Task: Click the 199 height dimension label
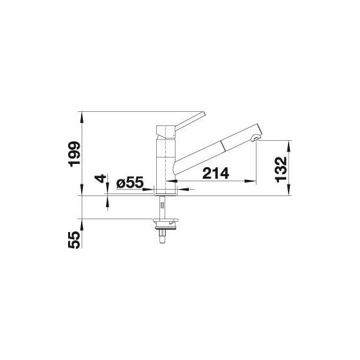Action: (75, 154)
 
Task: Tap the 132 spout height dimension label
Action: (282, 170)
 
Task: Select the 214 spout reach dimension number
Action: (215, 173)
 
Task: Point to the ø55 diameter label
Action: (130, 183)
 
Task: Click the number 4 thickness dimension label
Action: (100, 178)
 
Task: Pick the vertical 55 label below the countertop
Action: (75, 240)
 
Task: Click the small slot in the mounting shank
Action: (162, 205)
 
